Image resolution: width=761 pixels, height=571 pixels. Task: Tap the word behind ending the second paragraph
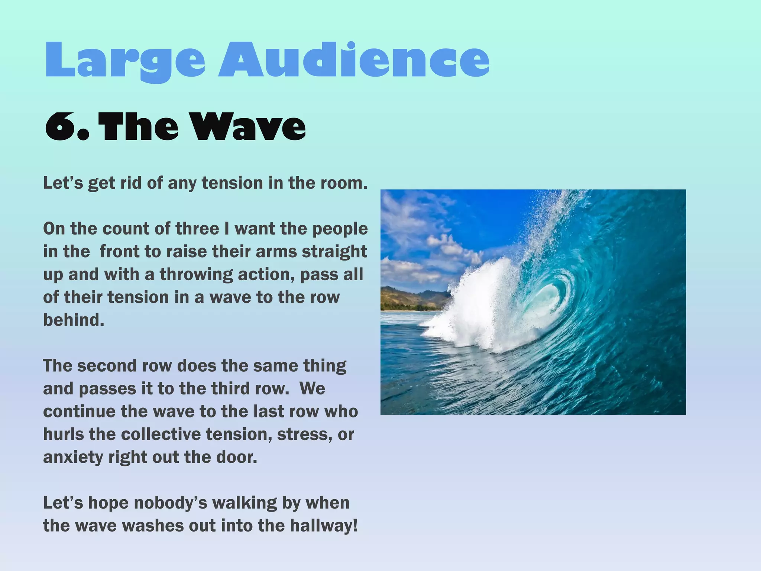[73, 320]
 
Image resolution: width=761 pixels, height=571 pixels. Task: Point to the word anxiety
[73, 457]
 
